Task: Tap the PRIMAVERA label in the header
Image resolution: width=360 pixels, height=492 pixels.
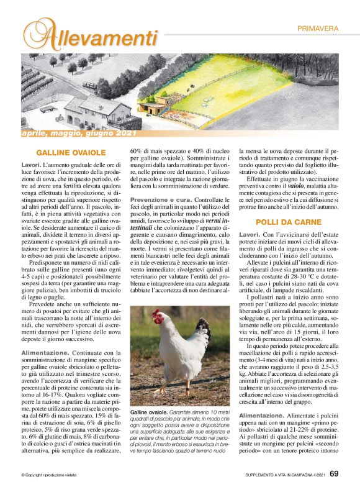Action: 317,29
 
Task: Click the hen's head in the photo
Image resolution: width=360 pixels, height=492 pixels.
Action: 158,319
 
